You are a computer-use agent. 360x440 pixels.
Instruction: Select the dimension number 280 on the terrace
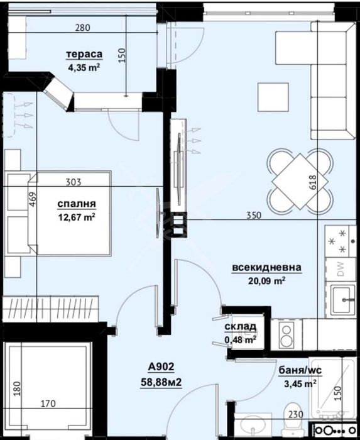[x=83, y=28]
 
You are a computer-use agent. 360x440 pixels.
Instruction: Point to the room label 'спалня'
[x=76, y=204]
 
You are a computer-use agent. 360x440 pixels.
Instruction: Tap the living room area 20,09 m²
[x=267, y=280]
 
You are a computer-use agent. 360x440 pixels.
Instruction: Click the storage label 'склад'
[x=240, y=327]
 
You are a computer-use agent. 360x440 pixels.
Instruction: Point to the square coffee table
[x=269, y=95]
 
